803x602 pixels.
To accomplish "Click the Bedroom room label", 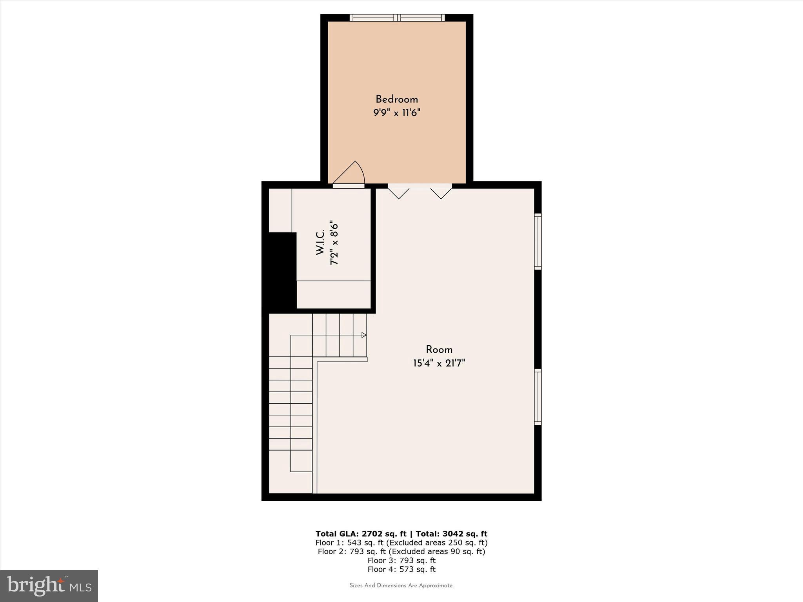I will pyautogui.click(x=397, y=99).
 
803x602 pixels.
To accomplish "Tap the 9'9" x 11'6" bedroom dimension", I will pyautogui.click(x=397, y=113).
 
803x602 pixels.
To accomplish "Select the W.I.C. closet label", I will pyautogui.click(x=320, y=243).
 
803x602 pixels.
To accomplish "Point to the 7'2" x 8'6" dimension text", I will pyautogui.click(x=334, y=243).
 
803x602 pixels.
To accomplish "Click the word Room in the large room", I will pyautogui.click(x=439, y=350).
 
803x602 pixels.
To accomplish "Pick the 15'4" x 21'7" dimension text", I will pyautogui.click(x=439, y=363).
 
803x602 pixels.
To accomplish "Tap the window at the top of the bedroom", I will pyautogui.click(x=397, y=18).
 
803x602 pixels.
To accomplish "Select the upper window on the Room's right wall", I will pyautogui.click(x=538, y=241).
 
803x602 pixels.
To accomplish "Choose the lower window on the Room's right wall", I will pyautogui.click(x=538, y=397).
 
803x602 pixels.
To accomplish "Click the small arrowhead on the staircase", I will pyautogui.click(x=364, y=335).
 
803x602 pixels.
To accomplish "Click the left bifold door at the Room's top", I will pyautogui.click(x=399, y=193).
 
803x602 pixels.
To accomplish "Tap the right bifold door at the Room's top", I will pyautogui.click(x=441, y=193).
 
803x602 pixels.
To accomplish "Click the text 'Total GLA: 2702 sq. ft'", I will pyautogui.click(x=361, y=534).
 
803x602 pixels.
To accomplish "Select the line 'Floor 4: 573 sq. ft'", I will pyautogui.click(x=401, y=569).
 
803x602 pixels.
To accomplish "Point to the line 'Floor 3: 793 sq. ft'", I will pyautogui.click(x=401, y=560).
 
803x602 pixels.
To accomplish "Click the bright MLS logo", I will pyautogui.click(x=49, y=586).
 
